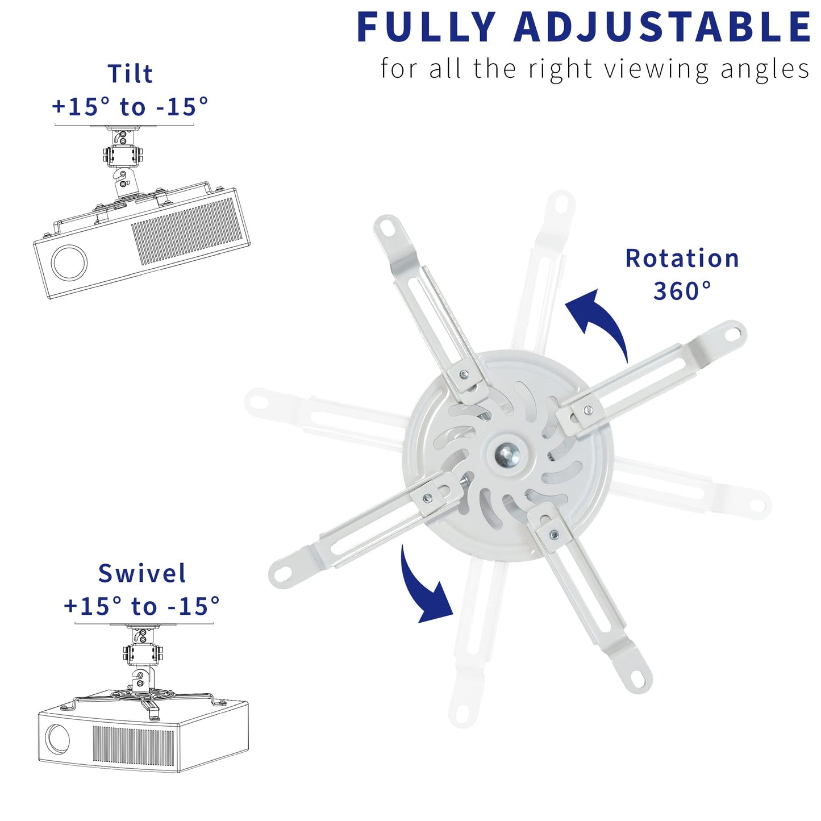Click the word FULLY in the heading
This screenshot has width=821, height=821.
pos(426,27)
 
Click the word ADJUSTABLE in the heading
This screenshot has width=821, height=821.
pos(662,27)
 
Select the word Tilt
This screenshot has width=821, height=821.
pos(130,74)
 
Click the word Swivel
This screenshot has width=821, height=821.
pos(141,573)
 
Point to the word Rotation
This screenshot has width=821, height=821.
pos(682,259)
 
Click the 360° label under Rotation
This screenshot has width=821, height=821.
pos(682,291)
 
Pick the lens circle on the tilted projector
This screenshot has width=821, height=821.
pos(69,262)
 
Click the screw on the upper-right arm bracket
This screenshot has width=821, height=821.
pos(589,410)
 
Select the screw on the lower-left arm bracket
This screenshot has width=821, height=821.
pos(427,498)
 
